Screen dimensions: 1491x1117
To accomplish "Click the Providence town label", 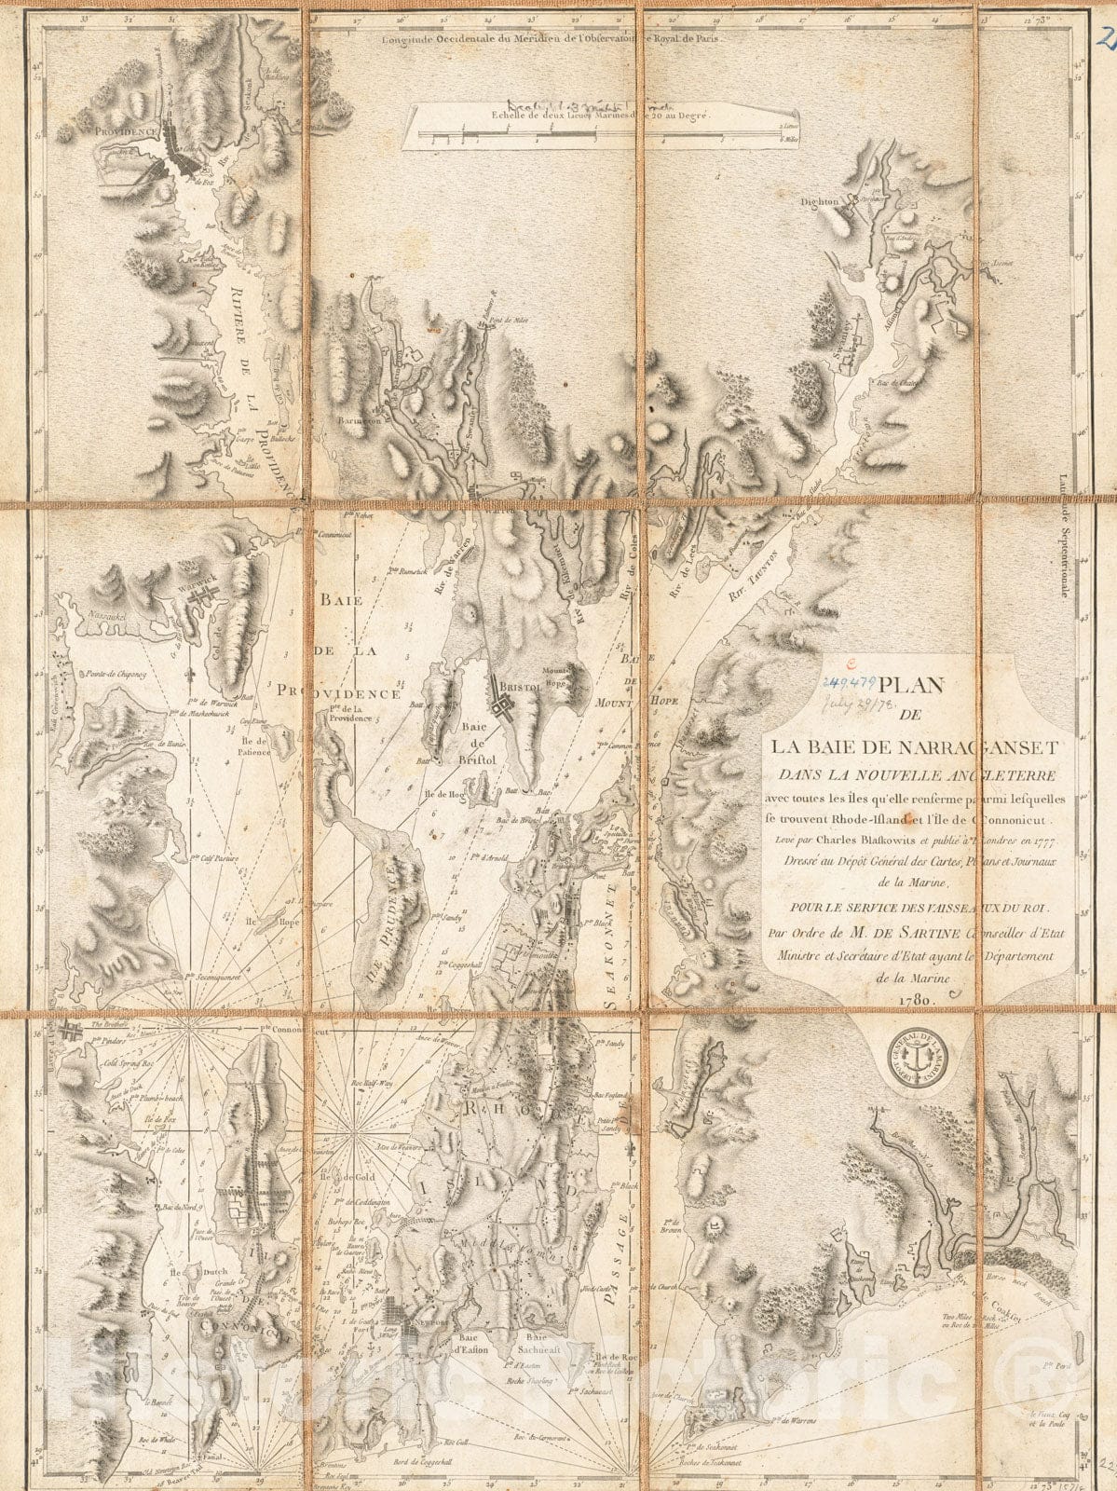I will pyautogui.click(x=124, y=133).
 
